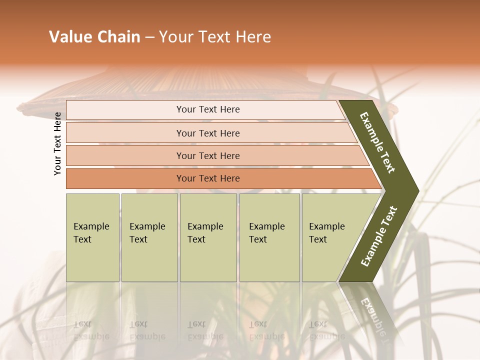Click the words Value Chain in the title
94,37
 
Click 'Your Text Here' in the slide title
215,37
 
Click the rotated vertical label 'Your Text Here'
58,143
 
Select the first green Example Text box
92,237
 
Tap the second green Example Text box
149,237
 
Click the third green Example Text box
208,237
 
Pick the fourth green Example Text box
269,237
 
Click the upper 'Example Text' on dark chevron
377,142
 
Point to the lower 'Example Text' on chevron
379,236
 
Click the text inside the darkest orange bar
208,178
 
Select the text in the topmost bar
208,109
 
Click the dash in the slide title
149,37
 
